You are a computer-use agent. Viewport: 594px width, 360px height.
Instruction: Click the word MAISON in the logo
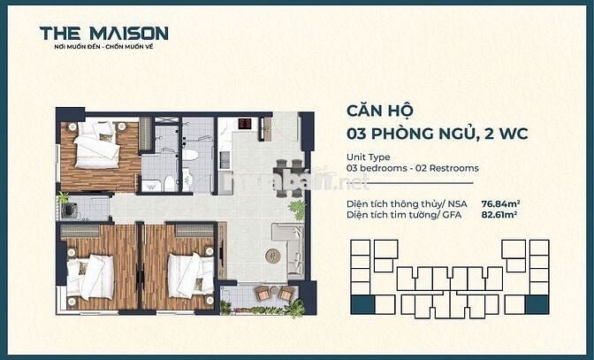127,34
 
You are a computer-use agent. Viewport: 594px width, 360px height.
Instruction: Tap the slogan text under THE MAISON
103,47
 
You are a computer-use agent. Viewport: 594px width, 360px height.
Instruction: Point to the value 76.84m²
499,203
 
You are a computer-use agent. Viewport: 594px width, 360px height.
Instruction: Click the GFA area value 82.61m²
499,214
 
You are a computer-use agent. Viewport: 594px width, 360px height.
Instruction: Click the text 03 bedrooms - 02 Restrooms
412,168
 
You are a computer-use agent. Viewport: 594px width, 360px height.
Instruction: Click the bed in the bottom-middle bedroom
189,274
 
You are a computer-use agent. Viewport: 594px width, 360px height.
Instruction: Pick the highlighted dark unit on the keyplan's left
362,305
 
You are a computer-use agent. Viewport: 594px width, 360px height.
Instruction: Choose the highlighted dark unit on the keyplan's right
536,305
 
